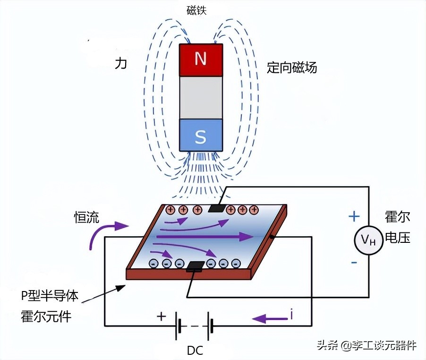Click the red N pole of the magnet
201,60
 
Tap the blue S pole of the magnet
201,136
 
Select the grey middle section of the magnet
201,97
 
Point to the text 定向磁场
291,68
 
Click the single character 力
121,64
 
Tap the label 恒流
86,217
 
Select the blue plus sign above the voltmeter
354,217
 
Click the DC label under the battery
195,351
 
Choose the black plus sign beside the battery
162,317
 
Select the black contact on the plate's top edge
217,207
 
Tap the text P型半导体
49,296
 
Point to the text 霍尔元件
46,316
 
